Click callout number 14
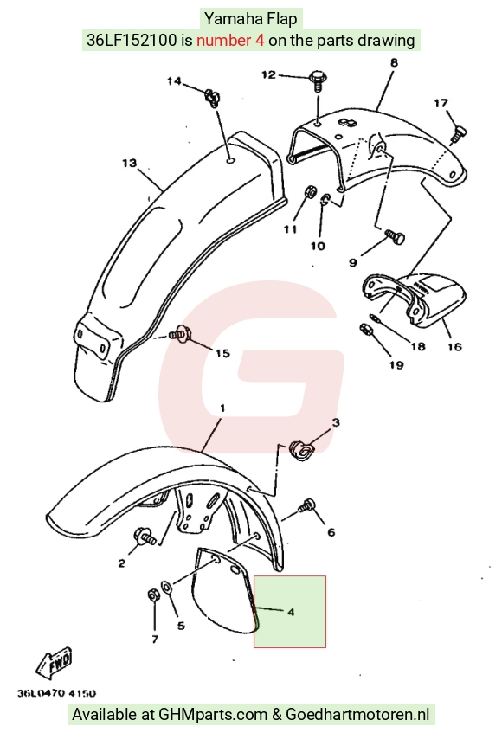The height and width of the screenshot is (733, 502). coord(174,80)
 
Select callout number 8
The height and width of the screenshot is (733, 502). coord(394,62)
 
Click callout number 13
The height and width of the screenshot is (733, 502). coord(130,163)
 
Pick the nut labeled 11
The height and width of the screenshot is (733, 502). coord(309,190)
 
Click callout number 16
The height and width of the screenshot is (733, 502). coord(454,346)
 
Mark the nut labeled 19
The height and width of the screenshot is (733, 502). coord(365,329)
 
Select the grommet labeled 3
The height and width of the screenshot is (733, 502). coord(302,450)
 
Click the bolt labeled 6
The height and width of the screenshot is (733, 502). coord(306,505)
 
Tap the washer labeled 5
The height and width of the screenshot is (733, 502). coord(166,586)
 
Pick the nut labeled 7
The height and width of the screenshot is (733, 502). coord(153,595)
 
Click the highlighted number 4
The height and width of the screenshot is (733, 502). coord(291,612)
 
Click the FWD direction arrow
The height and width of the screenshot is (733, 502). coord(55,664)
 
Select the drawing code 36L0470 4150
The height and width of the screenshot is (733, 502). coord(56,693)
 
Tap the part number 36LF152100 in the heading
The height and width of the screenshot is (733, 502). coord(132,40)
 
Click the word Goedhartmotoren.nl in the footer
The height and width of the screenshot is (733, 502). coord(357,714)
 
